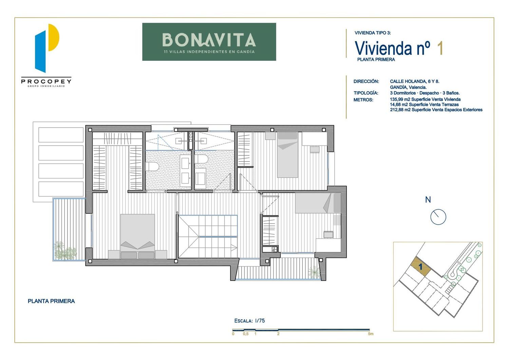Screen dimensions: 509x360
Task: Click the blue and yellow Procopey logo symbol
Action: [x=47, y=48]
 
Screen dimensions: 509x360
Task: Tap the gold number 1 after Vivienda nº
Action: [x=440, y=48]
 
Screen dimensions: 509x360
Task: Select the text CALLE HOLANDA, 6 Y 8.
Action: [x=414, y=81]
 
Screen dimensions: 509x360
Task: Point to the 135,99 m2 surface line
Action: [x=425, y=99]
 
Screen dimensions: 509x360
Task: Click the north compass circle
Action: [x=438, y=217]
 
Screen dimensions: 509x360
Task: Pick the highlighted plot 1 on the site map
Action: [x=421, y=267]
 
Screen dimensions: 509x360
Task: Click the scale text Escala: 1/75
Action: [x=249, y=321]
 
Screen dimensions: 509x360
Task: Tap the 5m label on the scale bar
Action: [x=371, y=334]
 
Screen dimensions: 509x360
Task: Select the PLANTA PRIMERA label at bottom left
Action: [x=51, y=301]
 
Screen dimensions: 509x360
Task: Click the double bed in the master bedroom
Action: [x=137, y=236]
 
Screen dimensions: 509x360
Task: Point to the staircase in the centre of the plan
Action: [x=208, y=236]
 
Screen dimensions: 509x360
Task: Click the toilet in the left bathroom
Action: [x=152, y=166]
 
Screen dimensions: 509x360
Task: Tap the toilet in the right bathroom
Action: [x=201, y=159]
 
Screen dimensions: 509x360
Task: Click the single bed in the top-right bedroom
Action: [x=287, y=155]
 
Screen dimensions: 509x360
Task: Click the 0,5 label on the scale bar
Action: [x=246, y=334]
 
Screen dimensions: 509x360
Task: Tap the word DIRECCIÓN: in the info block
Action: [x=366, y=81]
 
